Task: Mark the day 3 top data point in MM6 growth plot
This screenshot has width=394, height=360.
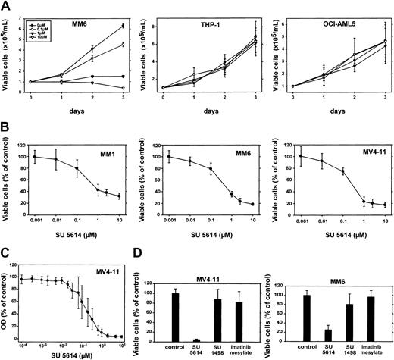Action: point(123,26)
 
